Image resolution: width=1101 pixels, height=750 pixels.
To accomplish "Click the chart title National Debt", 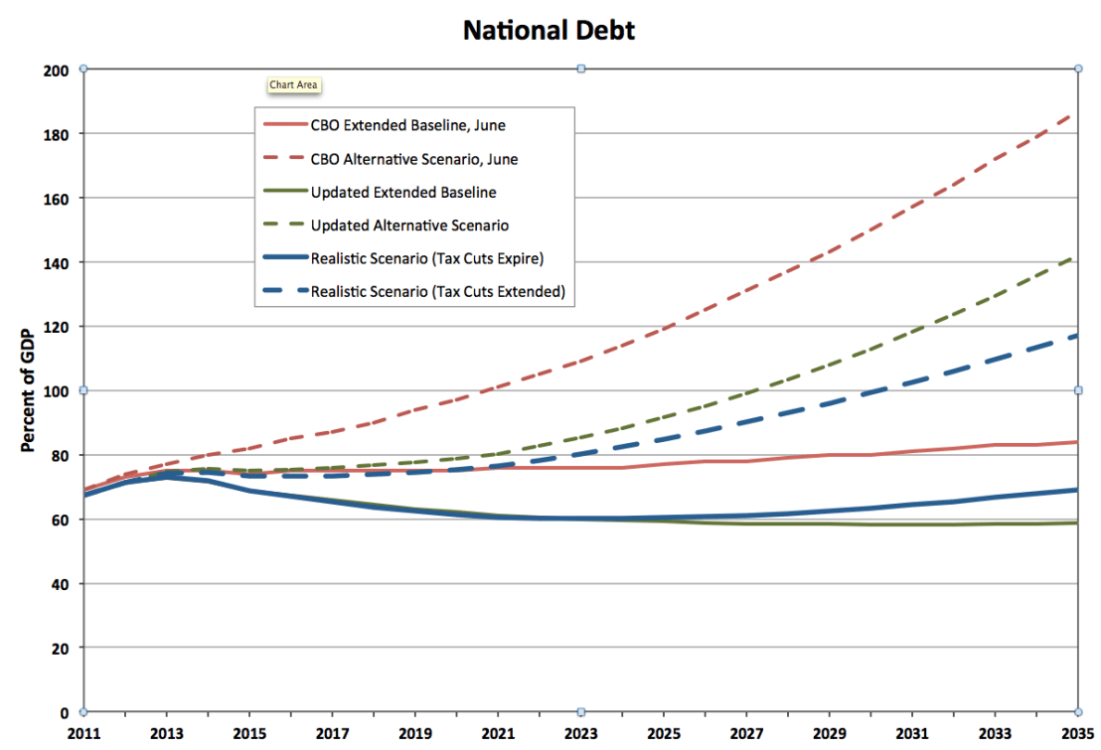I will pyautogui.click(x=550, y=31).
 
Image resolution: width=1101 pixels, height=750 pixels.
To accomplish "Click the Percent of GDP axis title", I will pyautogui.click(x=29, y=390).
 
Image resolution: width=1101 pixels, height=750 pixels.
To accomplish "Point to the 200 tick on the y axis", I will pyautogui.click(x=57, y=71).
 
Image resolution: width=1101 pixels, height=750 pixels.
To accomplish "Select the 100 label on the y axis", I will pyautogui.click(x=57, y=391).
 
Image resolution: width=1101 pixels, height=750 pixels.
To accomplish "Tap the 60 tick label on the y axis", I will pyautogui.click(x=61, y=520).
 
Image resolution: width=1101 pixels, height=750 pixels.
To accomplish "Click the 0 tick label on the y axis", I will pyautogui.click(x=65, y=712).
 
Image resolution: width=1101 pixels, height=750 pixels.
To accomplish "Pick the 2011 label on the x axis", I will pyautogui.click(x=83, y=735).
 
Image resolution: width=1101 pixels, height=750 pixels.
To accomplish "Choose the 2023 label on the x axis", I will pyautogui.click(x=580, y=735).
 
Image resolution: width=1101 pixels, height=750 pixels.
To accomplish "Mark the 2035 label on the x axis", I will pyautogui.click(x=1077, y=735).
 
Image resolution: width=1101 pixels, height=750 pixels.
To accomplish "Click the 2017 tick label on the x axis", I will pyautogui.click(x=332, y=735).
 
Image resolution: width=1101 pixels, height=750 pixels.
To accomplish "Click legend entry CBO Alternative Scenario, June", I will pyautogui.click(x=414, y=159).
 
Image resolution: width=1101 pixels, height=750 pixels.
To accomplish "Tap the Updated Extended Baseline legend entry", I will pyautogui.click(x=403, y=192).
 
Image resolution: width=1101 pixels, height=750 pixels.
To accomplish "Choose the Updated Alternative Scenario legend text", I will pyautogui.click(x=409, y=225).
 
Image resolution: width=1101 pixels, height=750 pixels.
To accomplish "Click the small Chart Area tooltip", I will pyautogui.click(x=293, y=85).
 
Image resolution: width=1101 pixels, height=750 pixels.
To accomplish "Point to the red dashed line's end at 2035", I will pyautogui.click(x=1076, y=113).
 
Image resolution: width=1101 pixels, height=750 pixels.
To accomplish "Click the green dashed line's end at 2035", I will pyautogui.click(x=1076, y=257).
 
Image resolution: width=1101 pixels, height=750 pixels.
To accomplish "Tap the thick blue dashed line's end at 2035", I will pyautogui.click(x=1075, y=336).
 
